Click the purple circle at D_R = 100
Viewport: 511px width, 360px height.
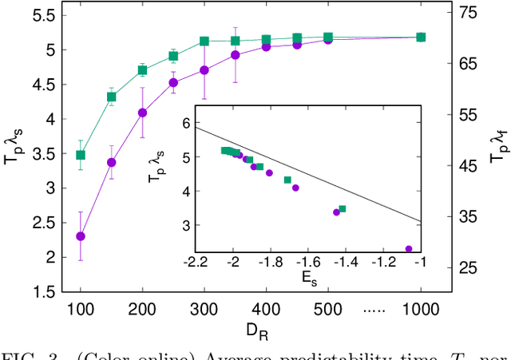coord(81,236)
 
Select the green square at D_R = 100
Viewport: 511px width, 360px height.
coord(81,155)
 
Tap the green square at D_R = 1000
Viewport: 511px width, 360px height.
coord(421,37)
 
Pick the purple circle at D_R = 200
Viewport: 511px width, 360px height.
coord(143,113)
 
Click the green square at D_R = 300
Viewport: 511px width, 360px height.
coord(204,41)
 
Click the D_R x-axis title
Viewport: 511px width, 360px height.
coord(250,328)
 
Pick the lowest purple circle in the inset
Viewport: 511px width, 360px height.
coord(409,249)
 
